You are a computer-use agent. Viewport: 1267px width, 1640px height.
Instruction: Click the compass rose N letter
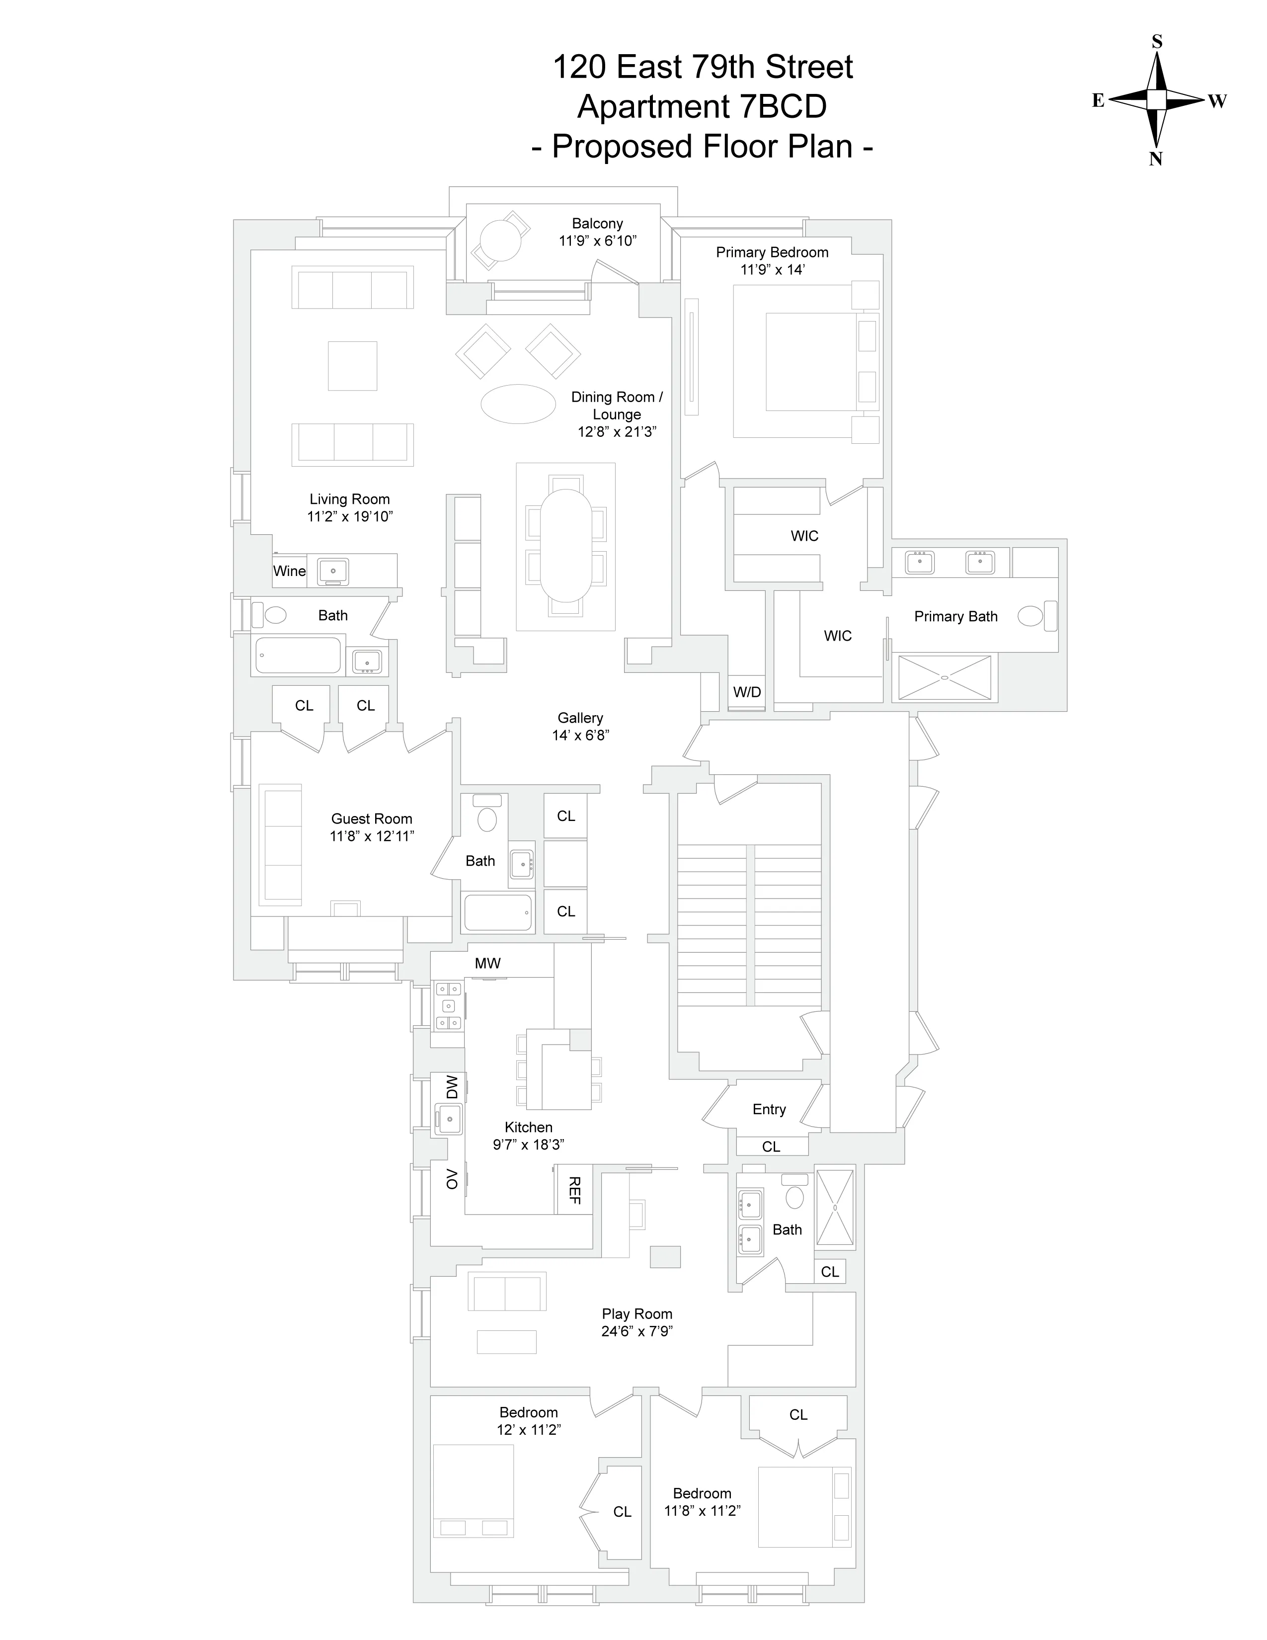pos(1156,159)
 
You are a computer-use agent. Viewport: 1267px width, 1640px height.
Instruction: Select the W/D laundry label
pos(746,692)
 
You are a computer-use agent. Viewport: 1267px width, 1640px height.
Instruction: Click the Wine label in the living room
pos(289,571)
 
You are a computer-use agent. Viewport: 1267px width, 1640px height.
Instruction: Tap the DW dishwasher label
pos(451,1086)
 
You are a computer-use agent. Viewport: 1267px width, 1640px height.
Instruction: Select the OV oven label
pos(451,1179)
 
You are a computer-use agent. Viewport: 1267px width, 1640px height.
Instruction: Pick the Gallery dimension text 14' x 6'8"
pos(580,736)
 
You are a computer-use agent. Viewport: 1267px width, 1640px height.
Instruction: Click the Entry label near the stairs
pos(769,1109)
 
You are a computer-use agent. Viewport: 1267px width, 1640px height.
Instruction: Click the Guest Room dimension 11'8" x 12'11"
pos(372,836)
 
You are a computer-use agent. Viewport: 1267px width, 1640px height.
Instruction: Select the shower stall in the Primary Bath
pos(944,678)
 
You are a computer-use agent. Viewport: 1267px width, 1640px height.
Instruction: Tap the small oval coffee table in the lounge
pos(518,404)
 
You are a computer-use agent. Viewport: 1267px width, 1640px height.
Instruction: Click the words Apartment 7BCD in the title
pos(701,107)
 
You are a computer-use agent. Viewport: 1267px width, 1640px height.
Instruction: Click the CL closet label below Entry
pos(771,1147)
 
